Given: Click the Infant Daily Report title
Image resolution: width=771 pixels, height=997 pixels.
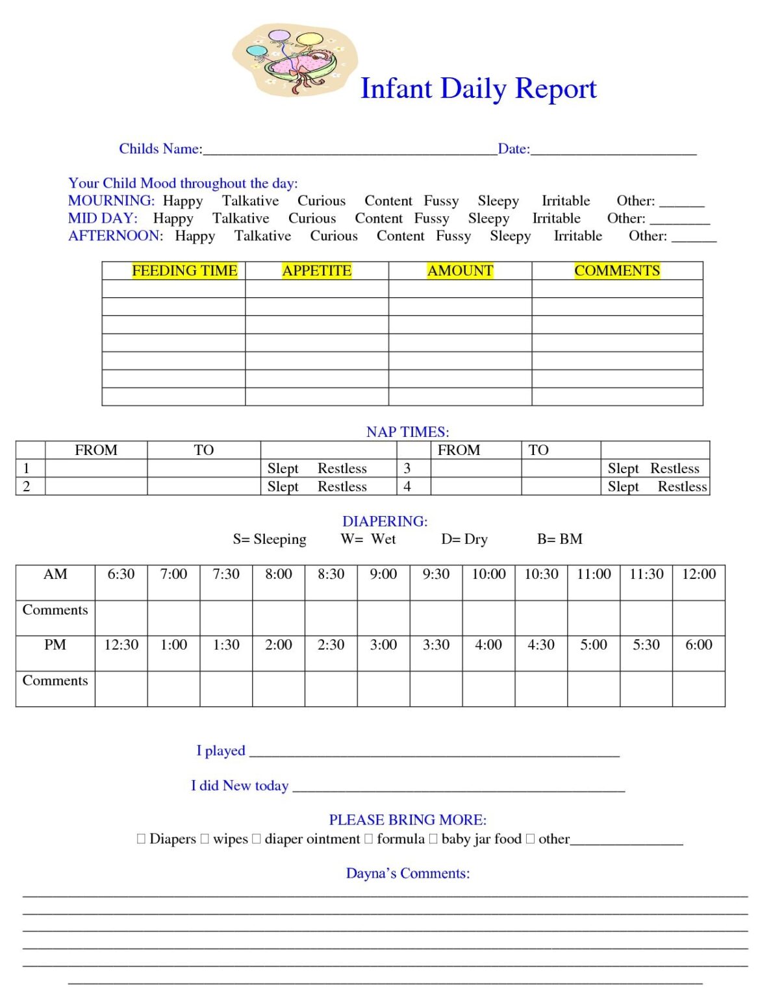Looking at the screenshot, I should pos(478,89).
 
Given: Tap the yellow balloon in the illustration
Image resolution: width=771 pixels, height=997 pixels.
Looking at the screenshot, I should pos(310,40).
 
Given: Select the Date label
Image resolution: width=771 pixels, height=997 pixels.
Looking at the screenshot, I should pos(513,149).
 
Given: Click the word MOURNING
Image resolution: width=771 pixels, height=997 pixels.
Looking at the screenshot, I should pos(111,201).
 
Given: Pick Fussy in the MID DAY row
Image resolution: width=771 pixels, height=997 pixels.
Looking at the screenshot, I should pos(431,219).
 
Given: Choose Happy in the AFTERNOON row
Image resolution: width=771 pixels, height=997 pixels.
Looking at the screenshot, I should pos(195,236).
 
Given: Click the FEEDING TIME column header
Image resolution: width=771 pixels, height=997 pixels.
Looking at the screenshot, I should pos(184,271).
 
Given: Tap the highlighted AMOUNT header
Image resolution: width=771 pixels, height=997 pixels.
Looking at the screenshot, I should pos(460,271).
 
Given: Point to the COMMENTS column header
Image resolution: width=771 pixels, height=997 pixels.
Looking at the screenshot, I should pos(616,271).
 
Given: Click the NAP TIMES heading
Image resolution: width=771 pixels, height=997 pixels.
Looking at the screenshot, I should pos(407,432).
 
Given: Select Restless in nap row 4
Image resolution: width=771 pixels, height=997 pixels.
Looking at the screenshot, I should pos(681,487).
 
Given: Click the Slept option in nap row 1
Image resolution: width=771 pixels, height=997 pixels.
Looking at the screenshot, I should pos(283,469).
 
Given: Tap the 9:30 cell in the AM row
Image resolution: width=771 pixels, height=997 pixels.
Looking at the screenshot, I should pos(436,574).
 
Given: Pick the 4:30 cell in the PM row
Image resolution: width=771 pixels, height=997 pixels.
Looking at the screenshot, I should pos(540,645).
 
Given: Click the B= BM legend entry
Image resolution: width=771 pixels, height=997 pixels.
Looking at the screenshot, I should pos(559,539).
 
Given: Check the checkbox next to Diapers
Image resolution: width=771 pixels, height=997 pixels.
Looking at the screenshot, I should pos(142,839).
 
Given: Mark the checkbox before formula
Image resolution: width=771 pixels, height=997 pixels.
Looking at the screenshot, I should pos(369,839).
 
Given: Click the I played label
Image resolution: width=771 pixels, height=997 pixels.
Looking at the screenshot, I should pos(221,751).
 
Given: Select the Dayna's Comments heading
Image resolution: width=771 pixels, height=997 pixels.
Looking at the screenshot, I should pos(407,874).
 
